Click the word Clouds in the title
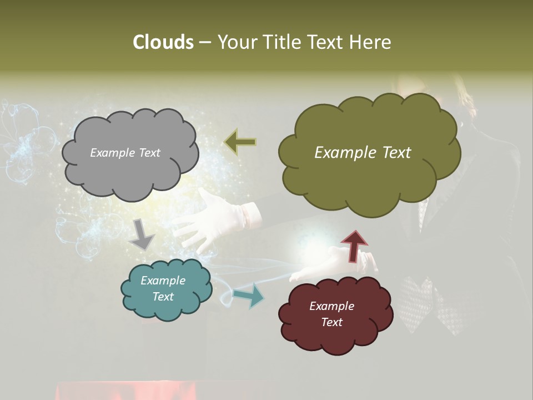tap(163, 42)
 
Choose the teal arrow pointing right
tap(249, 295)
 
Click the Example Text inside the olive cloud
tap(363, 153)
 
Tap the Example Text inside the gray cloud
tap(125, 153)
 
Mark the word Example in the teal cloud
tap(163, 281)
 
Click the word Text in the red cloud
tap(331, 322)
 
